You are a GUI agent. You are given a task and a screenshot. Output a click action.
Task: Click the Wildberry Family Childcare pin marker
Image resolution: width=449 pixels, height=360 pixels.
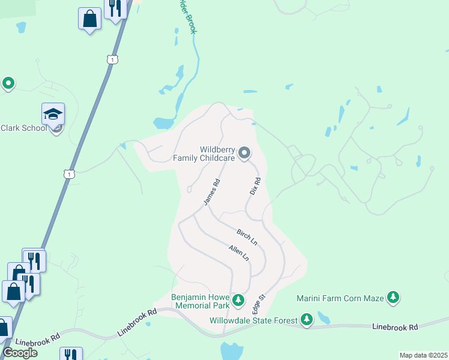(244, 154)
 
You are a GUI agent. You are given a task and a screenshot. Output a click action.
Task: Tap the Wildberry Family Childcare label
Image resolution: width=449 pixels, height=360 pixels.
(203, 154)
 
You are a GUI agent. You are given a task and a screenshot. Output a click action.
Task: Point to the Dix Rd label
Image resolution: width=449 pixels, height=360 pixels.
(255, 185)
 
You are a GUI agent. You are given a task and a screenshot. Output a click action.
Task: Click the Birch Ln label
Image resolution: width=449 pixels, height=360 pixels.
(247, 237)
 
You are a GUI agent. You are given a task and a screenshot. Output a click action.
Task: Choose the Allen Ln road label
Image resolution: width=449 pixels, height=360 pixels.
(238, 253)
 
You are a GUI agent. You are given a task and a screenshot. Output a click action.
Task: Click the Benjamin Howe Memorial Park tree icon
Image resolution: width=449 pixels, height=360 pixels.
(238, 299)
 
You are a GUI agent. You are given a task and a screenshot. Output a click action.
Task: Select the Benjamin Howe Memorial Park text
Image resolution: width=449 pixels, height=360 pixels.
(200, 301)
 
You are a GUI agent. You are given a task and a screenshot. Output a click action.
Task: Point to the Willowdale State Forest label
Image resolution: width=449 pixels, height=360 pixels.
(253, 320)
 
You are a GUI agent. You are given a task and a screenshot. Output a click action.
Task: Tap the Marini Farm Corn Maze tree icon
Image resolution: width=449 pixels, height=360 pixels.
(393, 297)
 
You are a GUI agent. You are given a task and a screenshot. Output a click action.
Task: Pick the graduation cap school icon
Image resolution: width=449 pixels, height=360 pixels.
(53, 114)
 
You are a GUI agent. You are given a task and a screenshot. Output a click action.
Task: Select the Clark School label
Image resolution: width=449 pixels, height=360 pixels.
(23, 128)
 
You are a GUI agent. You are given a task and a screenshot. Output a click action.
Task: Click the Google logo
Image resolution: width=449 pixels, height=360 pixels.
(19, 353)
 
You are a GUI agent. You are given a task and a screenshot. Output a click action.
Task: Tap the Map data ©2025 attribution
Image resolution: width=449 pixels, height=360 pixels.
(423, 355)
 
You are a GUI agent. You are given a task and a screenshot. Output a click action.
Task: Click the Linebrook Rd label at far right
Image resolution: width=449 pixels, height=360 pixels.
(394, 327)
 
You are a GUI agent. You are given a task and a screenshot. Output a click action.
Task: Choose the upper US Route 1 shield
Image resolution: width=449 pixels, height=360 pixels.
(112, 59)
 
